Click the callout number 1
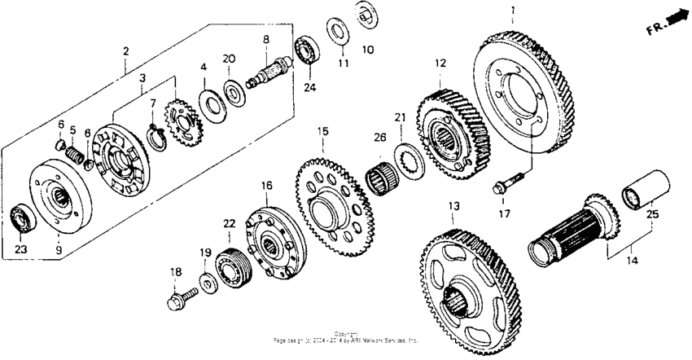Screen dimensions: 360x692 [513, 11]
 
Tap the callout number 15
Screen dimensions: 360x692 [322, 130]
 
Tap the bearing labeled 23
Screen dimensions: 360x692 [21, 218]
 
